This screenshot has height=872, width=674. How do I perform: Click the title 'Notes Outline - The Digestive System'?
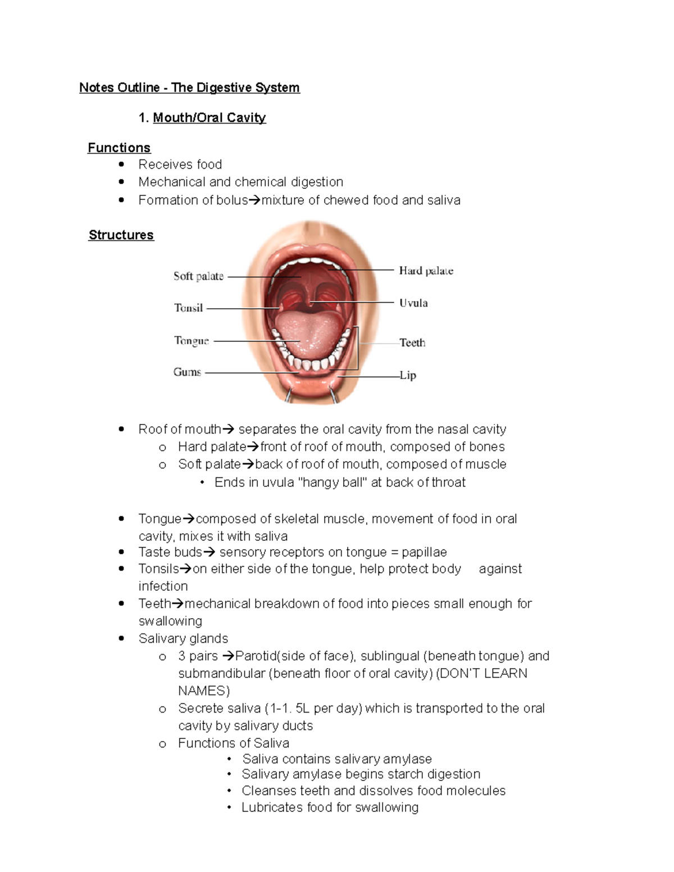[x=189, y=88]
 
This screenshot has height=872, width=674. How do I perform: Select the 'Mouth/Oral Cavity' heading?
[x=209, y=118]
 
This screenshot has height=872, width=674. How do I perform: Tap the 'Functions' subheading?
[x=119, y=148]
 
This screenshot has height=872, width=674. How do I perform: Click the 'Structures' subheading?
[x=121, y=235]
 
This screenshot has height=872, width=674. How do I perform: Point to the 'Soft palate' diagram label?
[x=198, y=276]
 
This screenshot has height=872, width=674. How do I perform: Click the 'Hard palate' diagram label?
[x=426, y=271]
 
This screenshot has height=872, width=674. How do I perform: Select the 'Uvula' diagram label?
[x=413, y=303]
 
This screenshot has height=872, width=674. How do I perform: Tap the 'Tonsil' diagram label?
[x=188, y=308]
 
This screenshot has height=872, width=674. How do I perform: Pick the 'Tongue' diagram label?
[x=191, y=341]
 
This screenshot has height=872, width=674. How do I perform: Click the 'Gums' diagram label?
[x=187, y=372]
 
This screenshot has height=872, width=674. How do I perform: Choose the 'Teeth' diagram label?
[x=412, y=343]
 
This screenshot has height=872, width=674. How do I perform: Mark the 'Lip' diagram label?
[x=408, y=375]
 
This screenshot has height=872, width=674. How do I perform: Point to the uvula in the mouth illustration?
[x=309, y=303]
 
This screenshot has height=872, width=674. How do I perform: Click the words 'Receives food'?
[x=180, y=165]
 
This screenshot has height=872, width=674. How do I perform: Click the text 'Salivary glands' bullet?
[x=183, y=638]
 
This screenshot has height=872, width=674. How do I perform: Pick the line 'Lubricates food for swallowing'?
[x=330, y=807]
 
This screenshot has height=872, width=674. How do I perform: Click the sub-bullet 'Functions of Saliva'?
[x=233, y=743]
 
